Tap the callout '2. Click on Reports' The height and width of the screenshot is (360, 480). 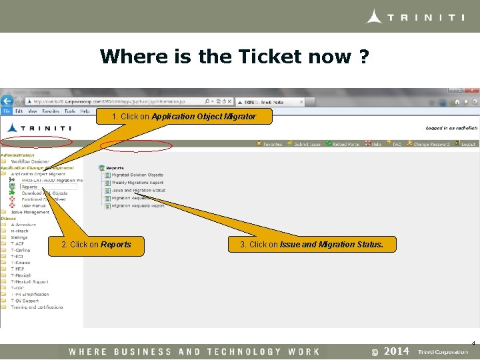96,245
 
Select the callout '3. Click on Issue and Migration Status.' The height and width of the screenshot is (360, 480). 311,245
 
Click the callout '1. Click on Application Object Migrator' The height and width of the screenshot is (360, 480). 184,117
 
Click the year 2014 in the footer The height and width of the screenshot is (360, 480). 397,351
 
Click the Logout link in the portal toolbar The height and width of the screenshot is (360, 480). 467,144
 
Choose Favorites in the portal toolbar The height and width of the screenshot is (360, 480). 272,144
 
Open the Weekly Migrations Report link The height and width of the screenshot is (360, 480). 137,183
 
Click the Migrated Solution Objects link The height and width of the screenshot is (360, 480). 137,175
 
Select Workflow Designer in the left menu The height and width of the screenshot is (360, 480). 30,161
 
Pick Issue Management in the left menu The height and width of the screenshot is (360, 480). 31,212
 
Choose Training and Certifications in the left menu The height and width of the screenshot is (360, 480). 37,307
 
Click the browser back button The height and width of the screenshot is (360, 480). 7,101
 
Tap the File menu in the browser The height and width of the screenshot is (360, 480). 6,111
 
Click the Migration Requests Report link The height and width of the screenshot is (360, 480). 138,206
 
